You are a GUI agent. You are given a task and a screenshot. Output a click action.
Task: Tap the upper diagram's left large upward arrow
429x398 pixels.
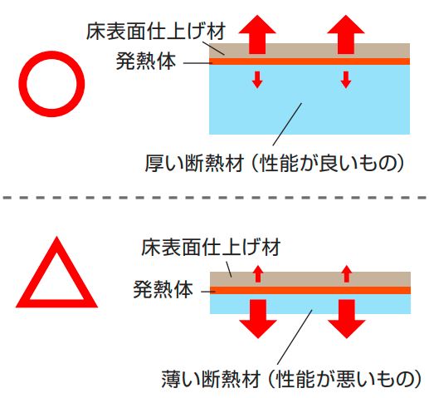257,35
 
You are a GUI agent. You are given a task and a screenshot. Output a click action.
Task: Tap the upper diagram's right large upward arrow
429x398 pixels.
346,35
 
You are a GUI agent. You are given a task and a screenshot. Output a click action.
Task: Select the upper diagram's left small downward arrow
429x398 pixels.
257,80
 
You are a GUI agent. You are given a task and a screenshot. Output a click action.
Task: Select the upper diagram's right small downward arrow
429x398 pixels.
346,80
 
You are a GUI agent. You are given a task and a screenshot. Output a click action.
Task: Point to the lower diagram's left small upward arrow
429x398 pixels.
258,274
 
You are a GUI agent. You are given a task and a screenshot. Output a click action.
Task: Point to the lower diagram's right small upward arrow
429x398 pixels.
347,274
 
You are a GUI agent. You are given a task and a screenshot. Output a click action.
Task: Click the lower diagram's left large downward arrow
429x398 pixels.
258,318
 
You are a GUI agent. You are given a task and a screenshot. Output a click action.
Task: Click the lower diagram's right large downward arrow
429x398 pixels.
347,318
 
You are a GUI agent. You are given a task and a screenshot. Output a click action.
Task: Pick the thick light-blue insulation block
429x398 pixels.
310,100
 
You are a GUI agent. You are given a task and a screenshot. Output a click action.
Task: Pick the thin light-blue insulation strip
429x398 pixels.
310,304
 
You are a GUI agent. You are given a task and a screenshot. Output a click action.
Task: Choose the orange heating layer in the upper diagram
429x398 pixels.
310,61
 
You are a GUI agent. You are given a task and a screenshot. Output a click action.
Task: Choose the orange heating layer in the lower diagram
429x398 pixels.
310,290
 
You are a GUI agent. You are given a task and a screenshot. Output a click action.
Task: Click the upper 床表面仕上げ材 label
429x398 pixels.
156,32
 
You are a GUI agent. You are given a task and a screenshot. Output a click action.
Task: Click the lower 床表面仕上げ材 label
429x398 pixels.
211,247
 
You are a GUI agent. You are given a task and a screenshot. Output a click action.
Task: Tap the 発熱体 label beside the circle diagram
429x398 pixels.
146,61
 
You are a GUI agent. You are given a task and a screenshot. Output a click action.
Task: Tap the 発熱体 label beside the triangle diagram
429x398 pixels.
163,289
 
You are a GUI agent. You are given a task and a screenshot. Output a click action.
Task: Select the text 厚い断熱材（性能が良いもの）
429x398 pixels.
275,163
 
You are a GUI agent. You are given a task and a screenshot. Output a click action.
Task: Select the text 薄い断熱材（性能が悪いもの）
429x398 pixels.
291,379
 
